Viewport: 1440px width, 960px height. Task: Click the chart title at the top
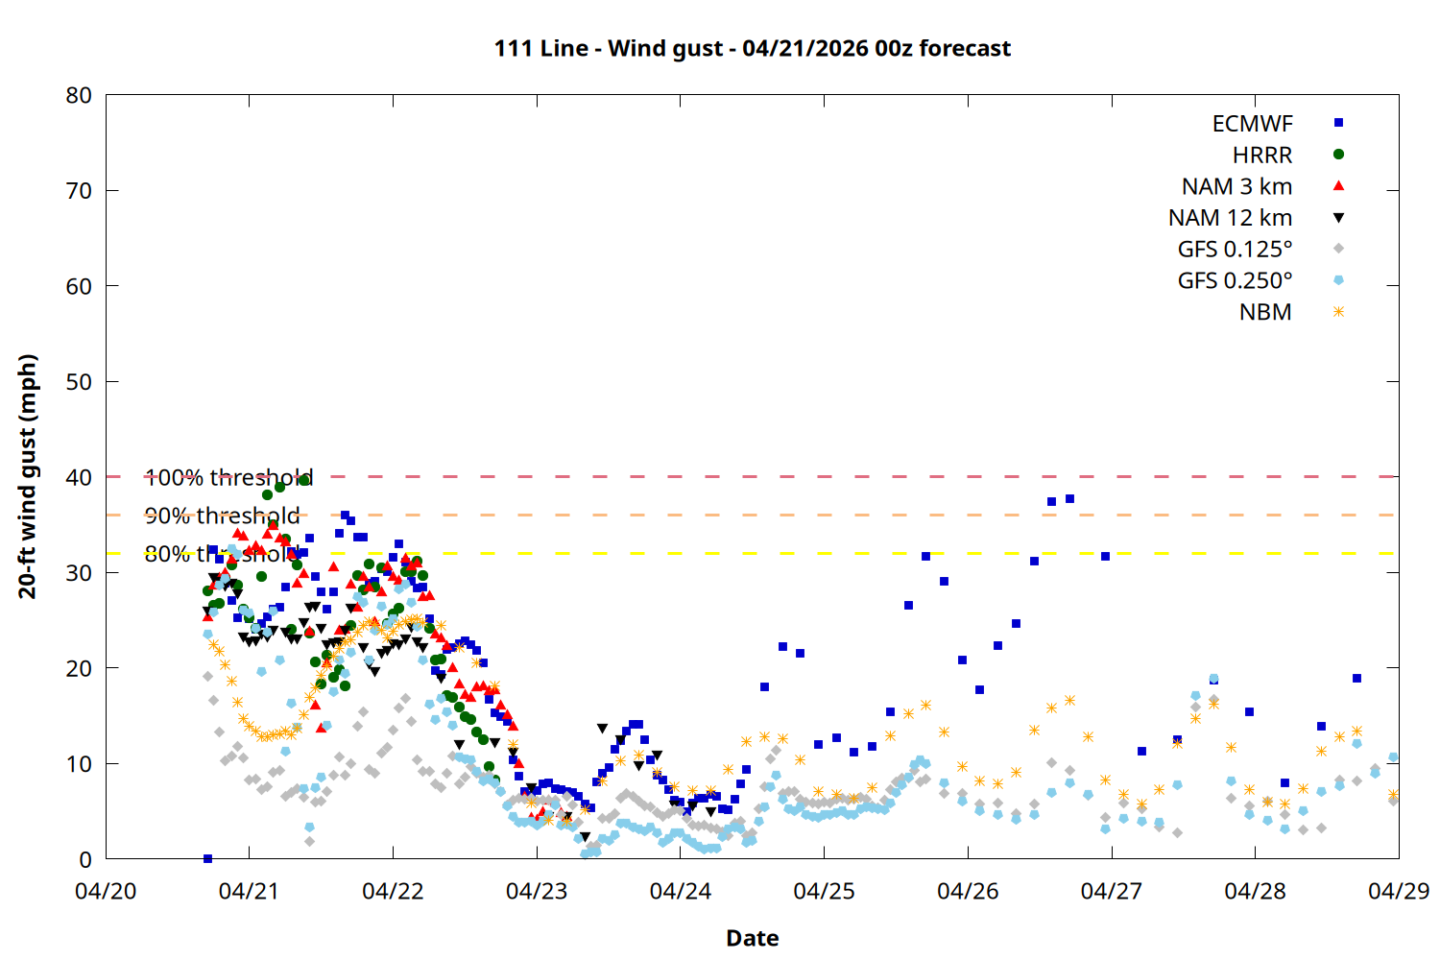(x=752, y=48)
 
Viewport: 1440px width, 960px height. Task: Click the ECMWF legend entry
(x=1252, y=124)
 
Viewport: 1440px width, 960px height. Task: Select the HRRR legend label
(x=1262, y=156)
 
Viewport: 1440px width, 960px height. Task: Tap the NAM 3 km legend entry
(x=1236, y=187)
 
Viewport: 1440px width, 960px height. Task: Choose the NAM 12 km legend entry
(x=1230, y=219)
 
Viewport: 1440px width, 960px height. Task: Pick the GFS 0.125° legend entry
(x=1235, y=250)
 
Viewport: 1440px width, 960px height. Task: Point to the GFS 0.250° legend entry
(x=1235, y=281)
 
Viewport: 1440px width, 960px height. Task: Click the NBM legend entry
(x=1265, y=313)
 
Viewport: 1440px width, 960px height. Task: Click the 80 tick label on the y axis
(x=79, y=95)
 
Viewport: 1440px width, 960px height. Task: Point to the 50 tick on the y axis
(x=79, y=382)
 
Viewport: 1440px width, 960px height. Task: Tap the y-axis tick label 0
(x=85, y=860)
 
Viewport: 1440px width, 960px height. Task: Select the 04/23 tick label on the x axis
(x=537, y=891)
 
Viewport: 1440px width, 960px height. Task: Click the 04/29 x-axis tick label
(x=1398, y=891)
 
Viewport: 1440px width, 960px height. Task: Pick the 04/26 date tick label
(x=968, y=891)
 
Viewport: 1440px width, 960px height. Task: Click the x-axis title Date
(x=752, y=938)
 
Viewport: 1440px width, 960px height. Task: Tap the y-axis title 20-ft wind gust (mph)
(x=28, y=476)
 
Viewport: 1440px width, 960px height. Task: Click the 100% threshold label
(x=228, y=477)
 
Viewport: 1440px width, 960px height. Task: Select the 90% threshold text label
(x=222, y=516)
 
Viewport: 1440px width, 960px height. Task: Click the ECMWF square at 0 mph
(x=207, y=858)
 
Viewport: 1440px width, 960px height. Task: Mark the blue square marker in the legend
(x=1338, y=123)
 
